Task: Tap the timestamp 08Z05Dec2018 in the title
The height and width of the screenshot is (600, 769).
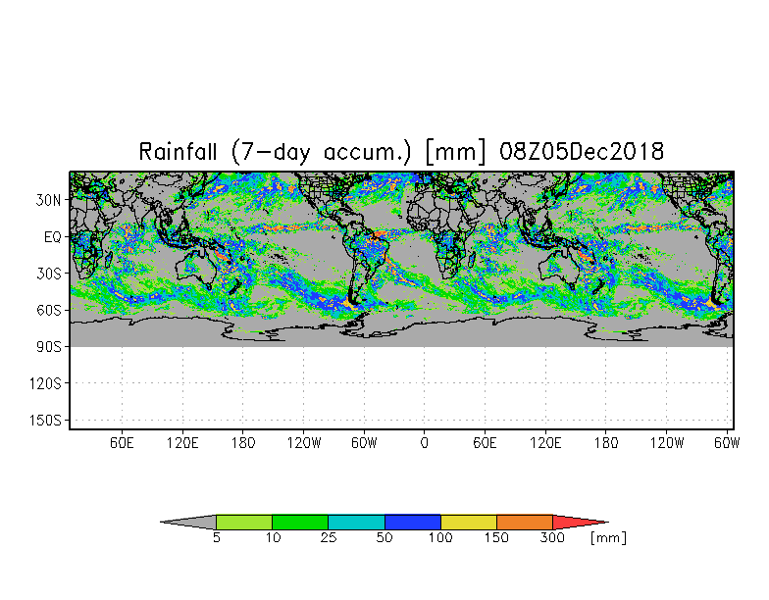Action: point(583,152)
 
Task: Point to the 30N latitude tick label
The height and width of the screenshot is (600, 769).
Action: point(49,200)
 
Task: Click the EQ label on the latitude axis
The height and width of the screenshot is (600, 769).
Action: point(54,236)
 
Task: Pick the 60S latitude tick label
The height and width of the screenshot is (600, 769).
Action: point(49,310)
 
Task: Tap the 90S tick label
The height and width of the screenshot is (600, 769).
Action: point(49,347)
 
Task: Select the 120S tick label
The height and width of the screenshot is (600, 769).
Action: point(46,383)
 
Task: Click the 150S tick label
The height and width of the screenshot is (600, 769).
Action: point(46,421)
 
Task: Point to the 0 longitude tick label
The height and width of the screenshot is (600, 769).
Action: point(424,443)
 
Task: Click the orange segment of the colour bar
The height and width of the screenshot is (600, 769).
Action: point(525,523)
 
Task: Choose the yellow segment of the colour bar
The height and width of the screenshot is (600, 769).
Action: point(469,523)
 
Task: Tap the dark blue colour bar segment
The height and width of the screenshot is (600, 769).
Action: point(413,523)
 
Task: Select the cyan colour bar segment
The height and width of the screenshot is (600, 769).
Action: point(356,523)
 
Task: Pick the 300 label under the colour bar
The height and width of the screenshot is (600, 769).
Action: point(553,538)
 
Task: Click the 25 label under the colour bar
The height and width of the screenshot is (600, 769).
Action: point(328,538)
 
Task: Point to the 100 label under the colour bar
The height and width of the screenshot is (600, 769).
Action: point(440,538)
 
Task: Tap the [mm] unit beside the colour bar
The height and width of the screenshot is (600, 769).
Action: point(608,538)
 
